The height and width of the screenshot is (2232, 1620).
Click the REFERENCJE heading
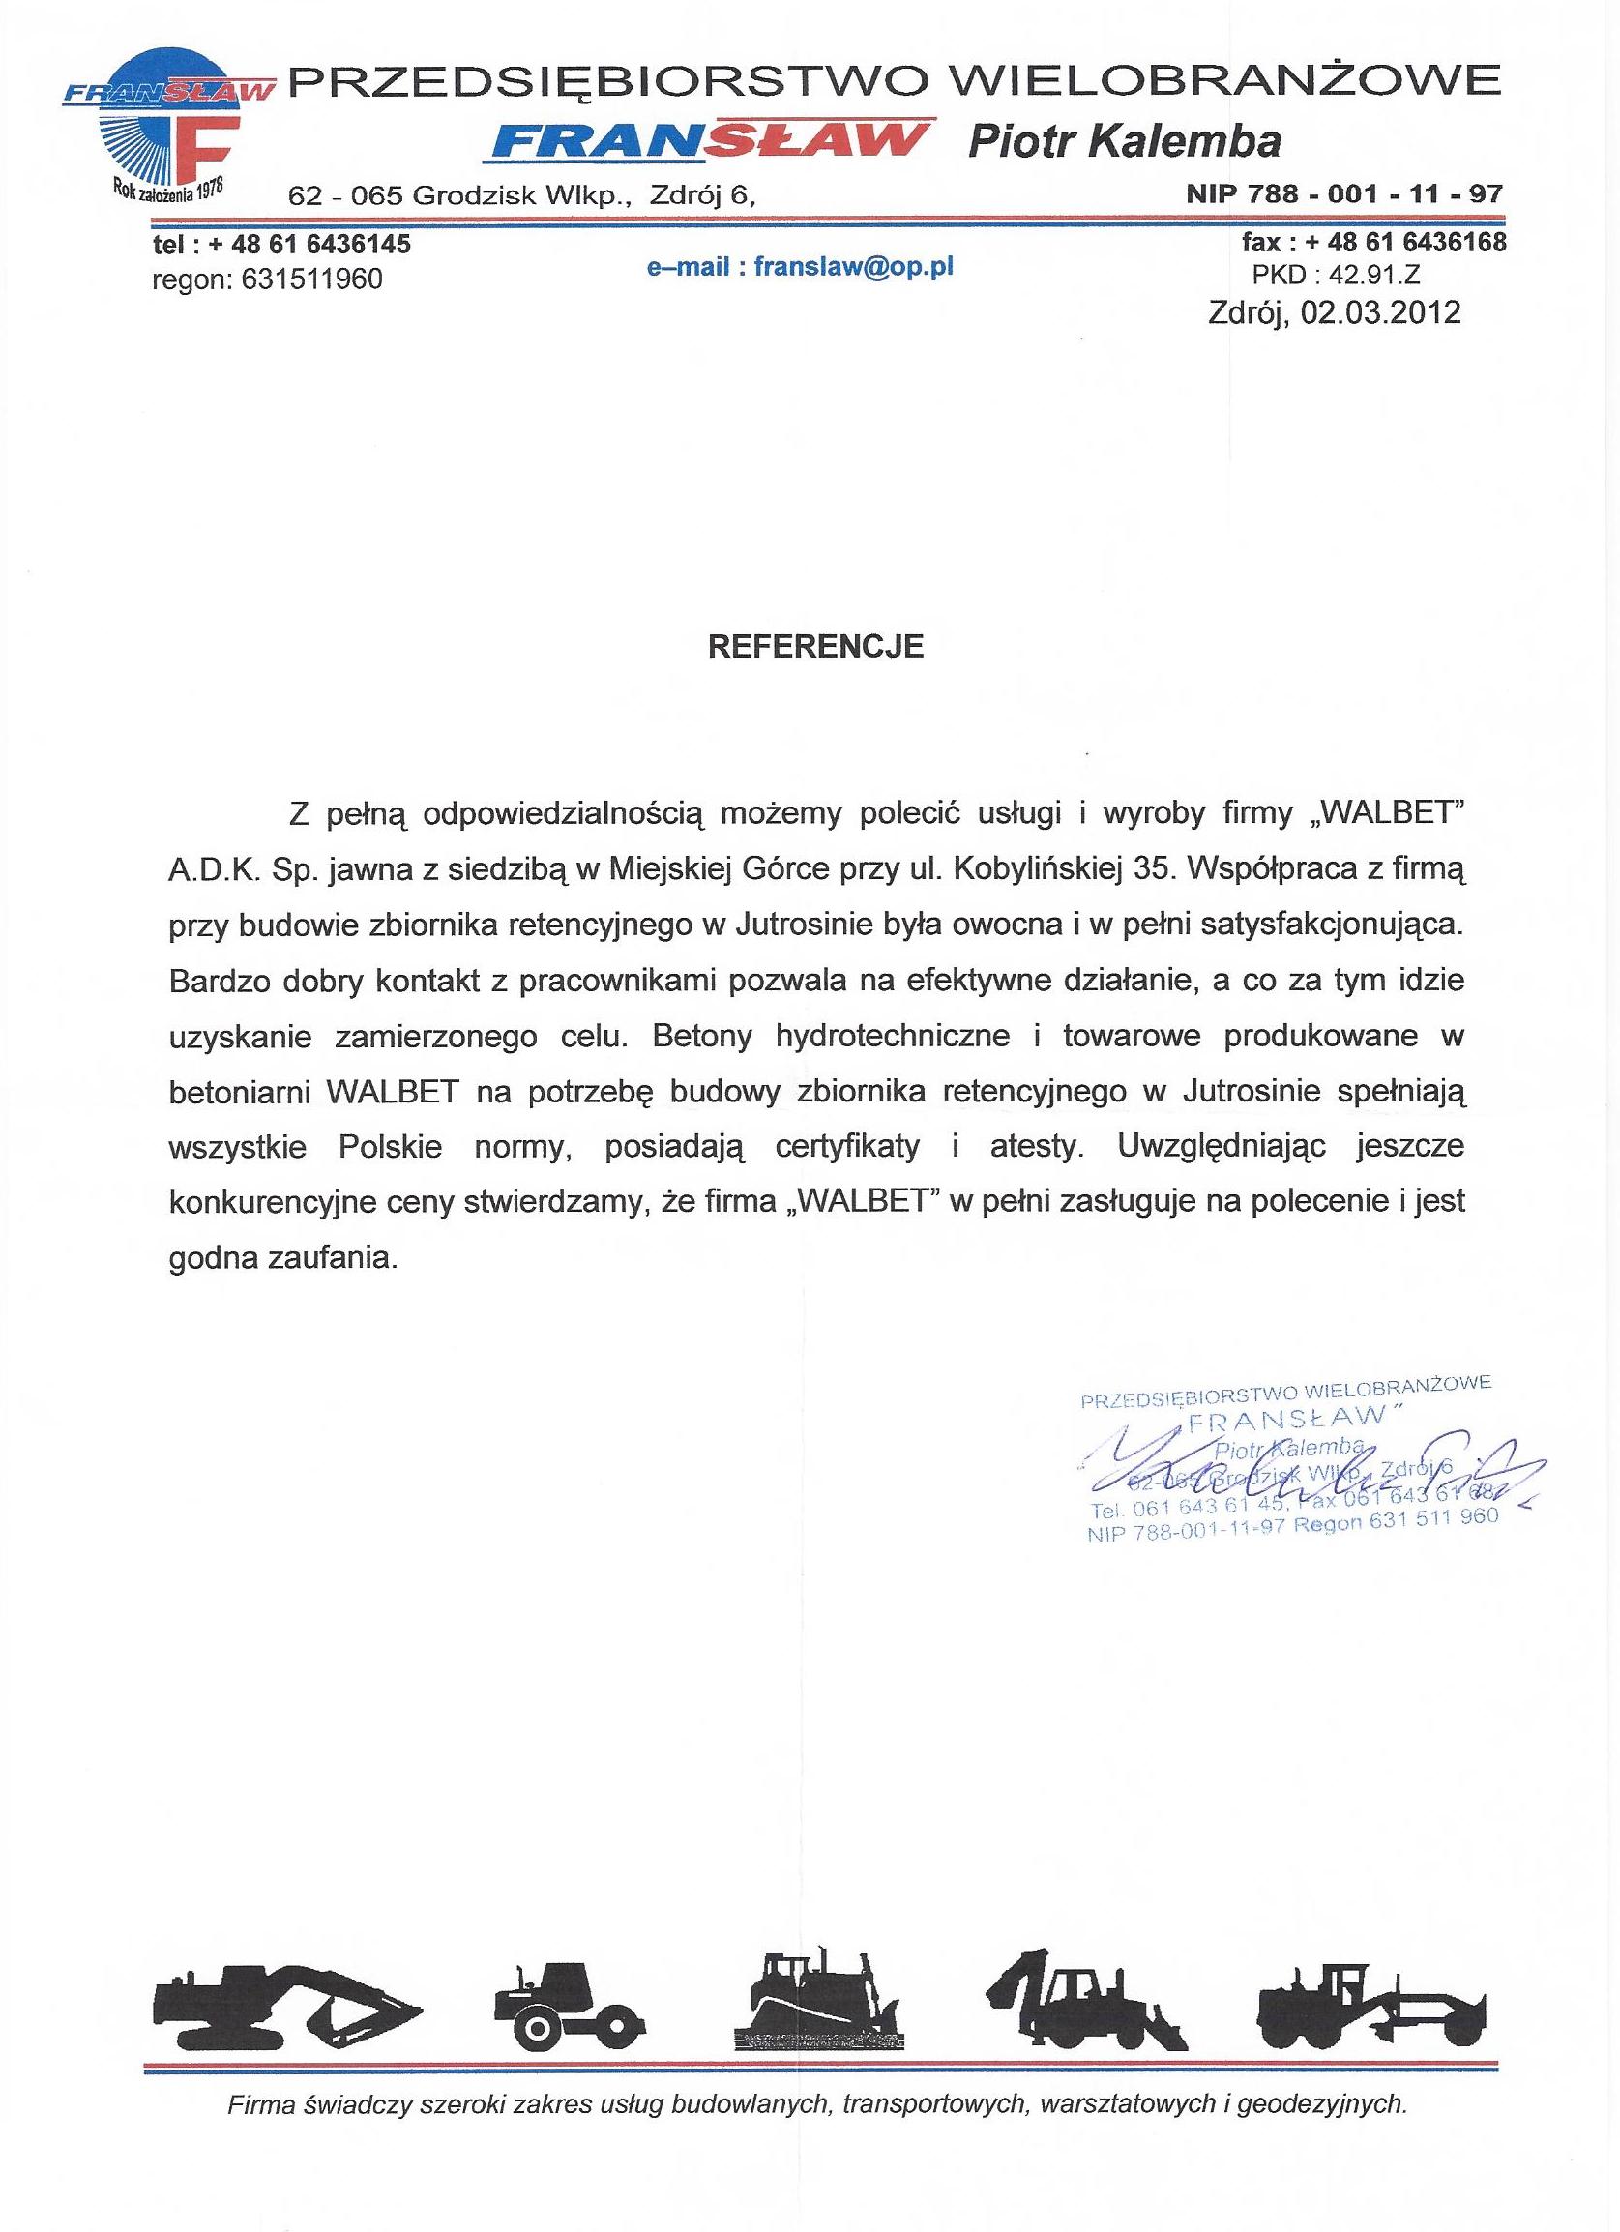pos(817,647)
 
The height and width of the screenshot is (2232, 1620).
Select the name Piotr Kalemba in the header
pos(1124,142)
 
